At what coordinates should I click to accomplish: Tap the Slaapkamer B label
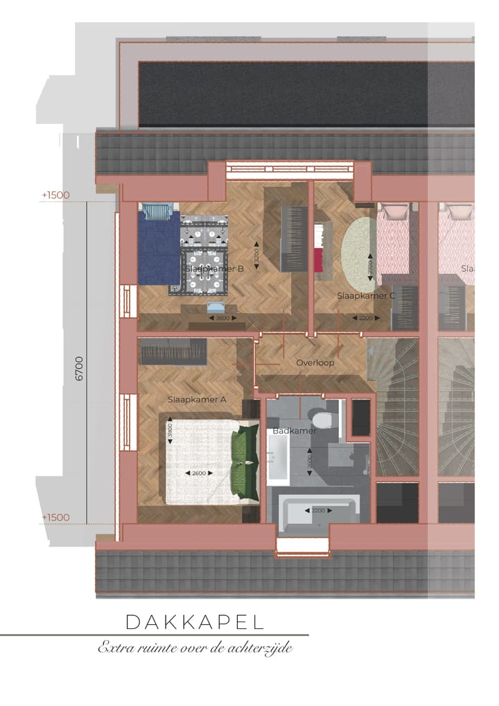coord(214,268)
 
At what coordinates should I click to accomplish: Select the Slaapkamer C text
coord(366,295)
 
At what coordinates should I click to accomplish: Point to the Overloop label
coord(315,363)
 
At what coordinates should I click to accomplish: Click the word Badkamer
coord(294,431)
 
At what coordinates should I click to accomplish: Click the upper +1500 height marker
coord(55,196)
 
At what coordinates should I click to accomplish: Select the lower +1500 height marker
coord(55,518)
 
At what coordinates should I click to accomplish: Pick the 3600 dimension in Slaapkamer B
coord(222,318)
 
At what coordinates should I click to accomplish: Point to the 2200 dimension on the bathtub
coord(317,510)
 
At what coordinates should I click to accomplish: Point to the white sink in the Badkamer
coord(277,457)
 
